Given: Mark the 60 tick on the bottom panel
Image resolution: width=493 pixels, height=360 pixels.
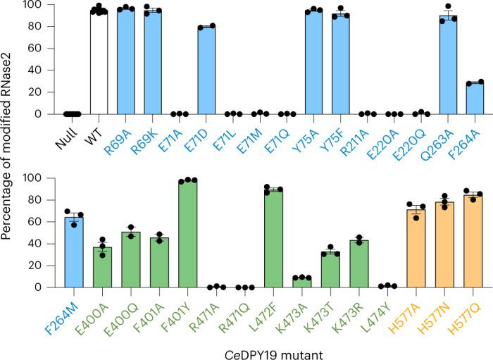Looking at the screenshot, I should pos(36,222).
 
